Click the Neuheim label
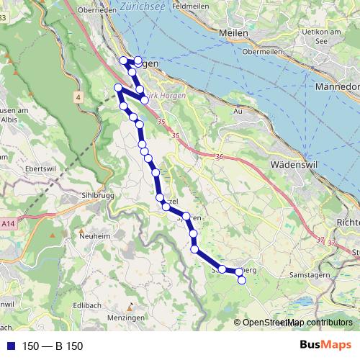pos(96,236)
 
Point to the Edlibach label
pos(86,305)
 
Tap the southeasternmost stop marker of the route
pos(241,280)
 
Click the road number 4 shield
pos(77,95)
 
